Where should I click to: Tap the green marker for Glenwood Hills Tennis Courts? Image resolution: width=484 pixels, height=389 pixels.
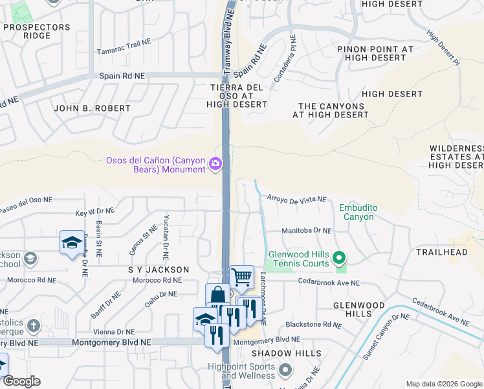(x=338, y=260)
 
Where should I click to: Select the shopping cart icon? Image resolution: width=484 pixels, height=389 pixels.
(x=242, y=277)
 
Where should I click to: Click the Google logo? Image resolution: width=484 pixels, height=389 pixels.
(x=21, y=381)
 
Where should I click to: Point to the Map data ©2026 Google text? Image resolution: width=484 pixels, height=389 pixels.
(x=443, y=384)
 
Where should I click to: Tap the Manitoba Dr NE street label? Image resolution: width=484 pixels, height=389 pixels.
(x=307, y=230)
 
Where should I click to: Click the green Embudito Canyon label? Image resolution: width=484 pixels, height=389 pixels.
(x=358, y=212)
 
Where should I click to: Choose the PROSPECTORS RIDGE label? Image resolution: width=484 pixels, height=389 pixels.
(x=36, y=31)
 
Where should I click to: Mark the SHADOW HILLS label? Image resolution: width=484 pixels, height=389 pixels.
(x=287, y=353)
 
